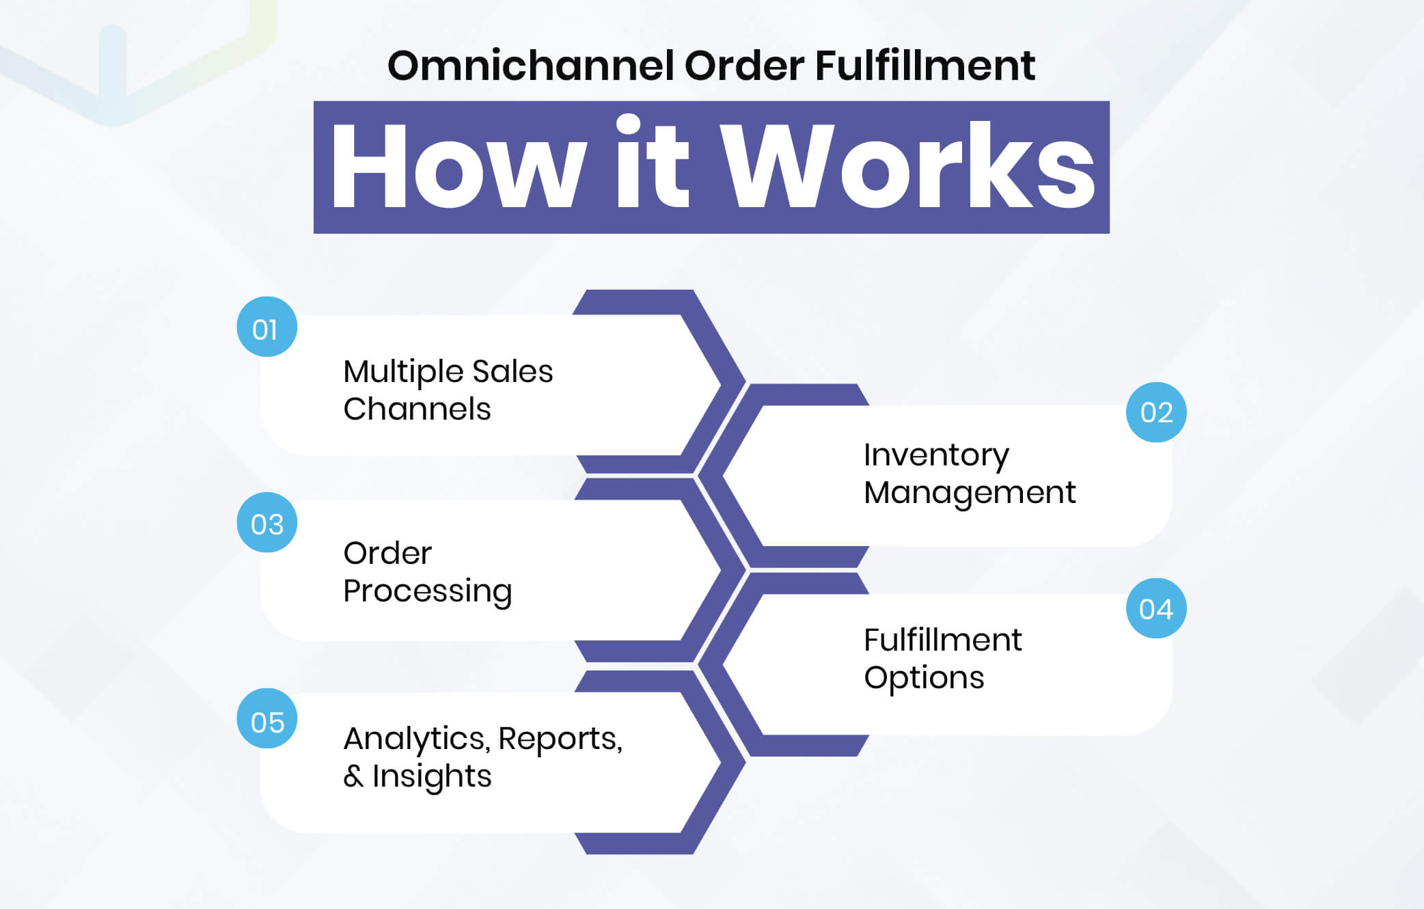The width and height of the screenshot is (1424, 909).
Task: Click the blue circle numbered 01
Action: (x=266, y=327)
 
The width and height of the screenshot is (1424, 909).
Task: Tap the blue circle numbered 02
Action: (x=1156, y=412)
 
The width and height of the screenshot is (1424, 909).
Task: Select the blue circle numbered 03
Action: (x=266, y=523)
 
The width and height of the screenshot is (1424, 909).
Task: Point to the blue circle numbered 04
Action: (x=1156, y=608)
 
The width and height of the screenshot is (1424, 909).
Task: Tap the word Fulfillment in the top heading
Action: (x=925, y=66)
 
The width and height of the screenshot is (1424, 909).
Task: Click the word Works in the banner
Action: (x=909, y=167)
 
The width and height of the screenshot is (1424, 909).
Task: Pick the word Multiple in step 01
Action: (x=403, y=372)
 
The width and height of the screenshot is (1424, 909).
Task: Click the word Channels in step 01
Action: (x=417, y=409)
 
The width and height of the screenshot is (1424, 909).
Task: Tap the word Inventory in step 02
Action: (x=936, y=456)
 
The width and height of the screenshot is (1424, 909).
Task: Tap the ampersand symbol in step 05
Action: (x=353, y=776)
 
